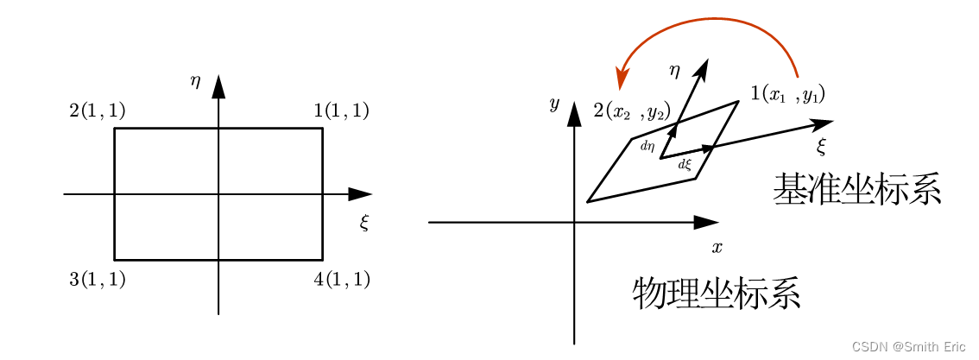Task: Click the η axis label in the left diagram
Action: click(x=196, y=81)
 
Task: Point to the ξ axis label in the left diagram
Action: click(x=364, y=223)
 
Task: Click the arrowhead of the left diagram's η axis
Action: click(x=218, y=86)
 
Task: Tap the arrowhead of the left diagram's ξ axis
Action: click(x=360, y=194)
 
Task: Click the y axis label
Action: click(x=554, y=104)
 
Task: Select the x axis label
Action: click(x=717, y=248)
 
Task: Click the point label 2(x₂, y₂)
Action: click(x=631, y=111)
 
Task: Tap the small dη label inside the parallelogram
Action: click(x=647, y=147)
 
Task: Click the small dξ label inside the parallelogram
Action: click(x=685, y=164)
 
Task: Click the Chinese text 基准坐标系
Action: click(x=856, y=189)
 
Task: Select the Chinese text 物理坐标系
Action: click(x=717, y=294)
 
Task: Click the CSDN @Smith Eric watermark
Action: click(x=909, y=346)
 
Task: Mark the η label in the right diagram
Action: click(x=674, y=69)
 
